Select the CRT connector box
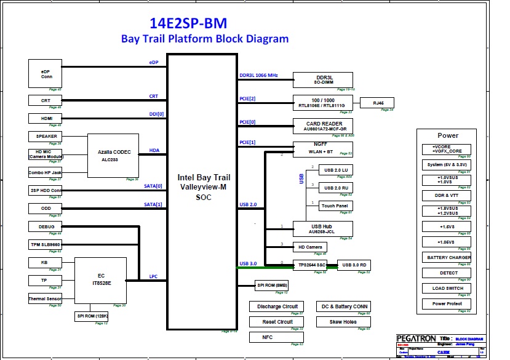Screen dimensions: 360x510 click(46, 100)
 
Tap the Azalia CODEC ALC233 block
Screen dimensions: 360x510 click(113, 155)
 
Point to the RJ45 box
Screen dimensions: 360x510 click(376, 103)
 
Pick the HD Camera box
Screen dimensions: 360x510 click(310, 247)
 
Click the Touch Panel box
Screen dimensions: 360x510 click(336, 206)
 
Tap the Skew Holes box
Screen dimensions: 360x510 click(343, 321)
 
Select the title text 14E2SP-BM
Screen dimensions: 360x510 click(188, 23)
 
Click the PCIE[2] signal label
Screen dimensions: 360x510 click(247, 98)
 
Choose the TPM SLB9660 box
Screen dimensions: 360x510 click(46, 244)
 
